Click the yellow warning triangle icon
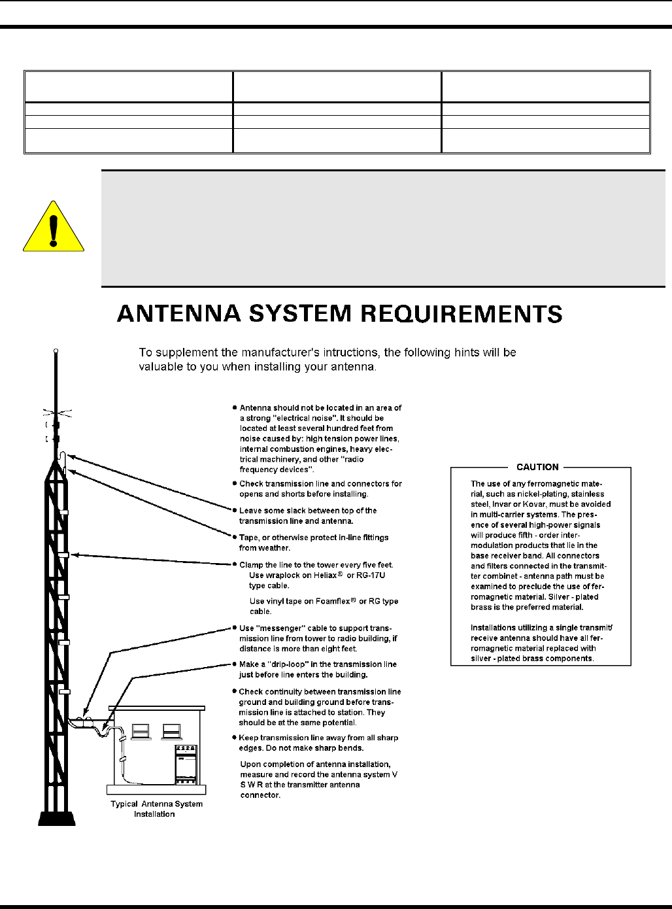pyautogui.click(x=54, y=227)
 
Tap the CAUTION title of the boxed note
pyautogui.click(x=537, y=467)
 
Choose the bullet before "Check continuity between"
pyautogui.click(x=234, y=691)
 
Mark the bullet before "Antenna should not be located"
pyautogui.click(x=235, y=407)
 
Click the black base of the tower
pyautogui.click(x=56, y=817)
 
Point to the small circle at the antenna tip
pyautogui.click(x=57, y=351)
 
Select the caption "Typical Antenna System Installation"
pyautogui.click(x=156, y=809)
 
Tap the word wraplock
pyautogui.click(x=282, y=575)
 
